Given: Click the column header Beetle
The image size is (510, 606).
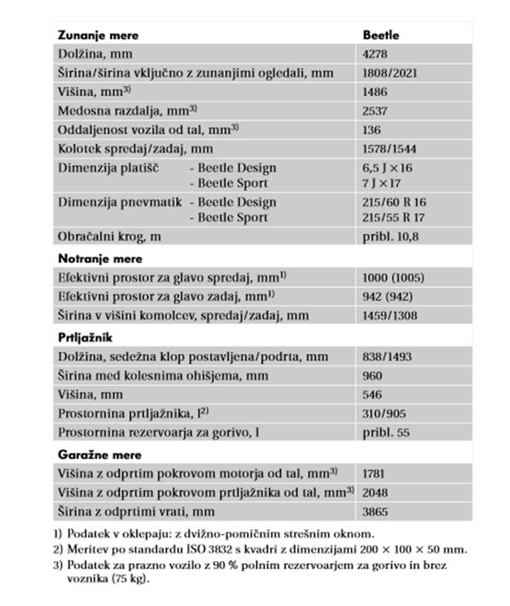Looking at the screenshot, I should tap(381, 35).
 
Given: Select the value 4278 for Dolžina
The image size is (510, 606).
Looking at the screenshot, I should tap(375, 54).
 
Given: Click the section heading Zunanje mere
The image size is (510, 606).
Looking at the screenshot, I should tap(98, 35).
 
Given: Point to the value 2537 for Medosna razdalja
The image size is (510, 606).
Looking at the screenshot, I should tap(375, 111).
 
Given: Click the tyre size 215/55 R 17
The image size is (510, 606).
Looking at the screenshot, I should tap(395, 217).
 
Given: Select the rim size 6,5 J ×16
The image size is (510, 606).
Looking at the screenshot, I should tap(388, 168).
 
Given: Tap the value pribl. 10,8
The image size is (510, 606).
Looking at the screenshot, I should tap(390, 237).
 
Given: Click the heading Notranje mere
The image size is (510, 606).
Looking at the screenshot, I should tap(100, 258).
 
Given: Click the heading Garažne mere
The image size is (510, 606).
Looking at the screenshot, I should tap(100, 454).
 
